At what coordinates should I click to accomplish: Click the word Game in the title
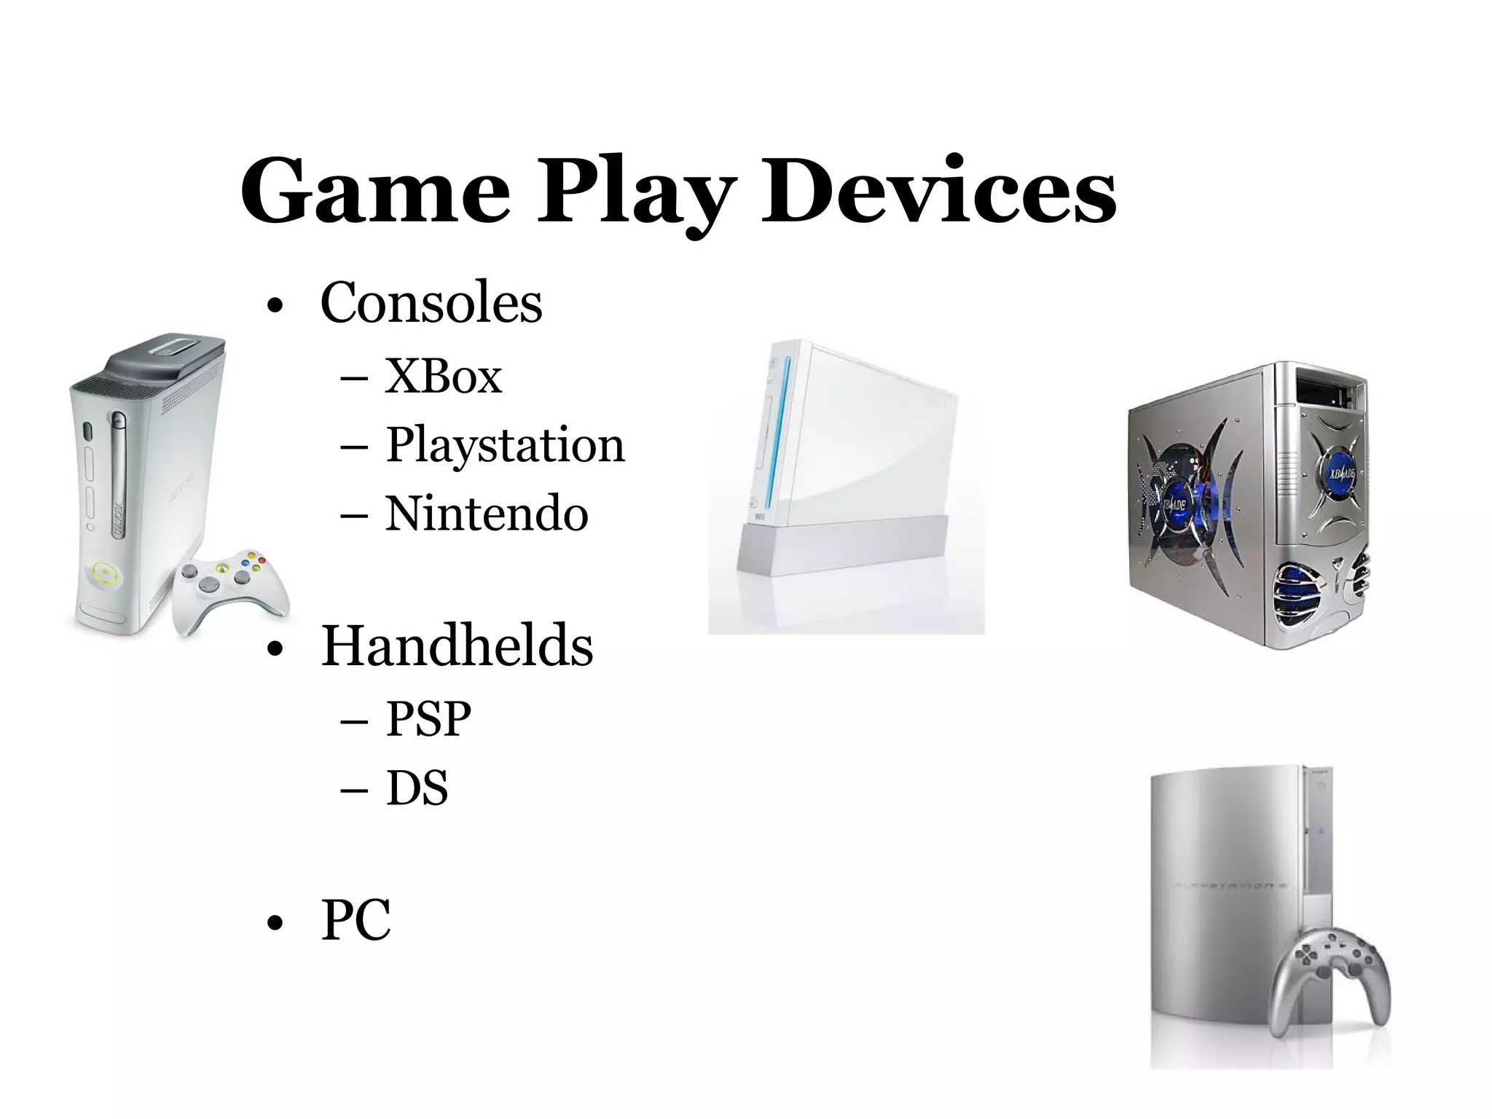[374, 191]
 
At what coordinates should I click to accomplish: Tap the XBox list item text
[443, 377]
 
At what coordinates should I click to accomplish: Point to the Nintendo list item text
[486, 514]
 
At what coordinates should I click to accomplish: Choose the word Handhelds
[457, 646]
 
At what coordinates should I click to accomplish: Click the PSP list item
[428, 719]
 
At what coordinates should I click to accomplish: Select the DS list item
[417, 788]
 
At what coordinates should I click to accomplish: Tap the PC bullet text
[356, 920]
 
